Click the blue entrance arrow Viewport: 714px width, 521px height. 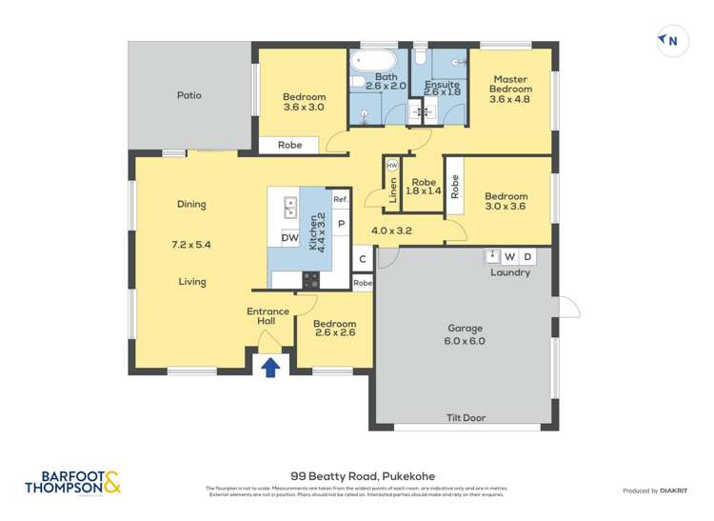(x=270, y=366)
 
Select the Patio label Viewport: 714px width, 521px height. (x=188, y=95)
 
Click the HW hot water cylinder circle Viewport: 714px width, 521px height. (x=391, y=165)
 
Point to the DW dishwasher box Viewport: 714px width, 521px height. (x=289, y=237)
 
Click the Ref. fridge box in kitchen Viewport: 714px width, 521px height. (x=341, y=199)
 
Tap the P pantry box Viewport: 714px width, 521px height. (x=341, y=225)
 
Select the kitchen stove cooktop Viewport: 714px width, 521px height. (x=311, y=280)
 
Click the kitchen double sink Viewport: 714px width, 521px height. (x=289, y=205)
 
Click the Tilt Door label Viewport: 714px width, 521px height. (x=466, y=417)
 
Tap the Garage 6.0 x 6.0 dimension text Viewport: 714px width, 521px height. (x=465, y=341)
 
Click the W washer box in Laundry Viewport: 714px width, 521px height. (x=510, y=256)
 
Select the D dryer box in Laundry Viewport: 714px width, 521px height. (x=528, y=256)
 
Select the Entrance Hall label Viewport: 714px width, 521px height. (x=268, y=316)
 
